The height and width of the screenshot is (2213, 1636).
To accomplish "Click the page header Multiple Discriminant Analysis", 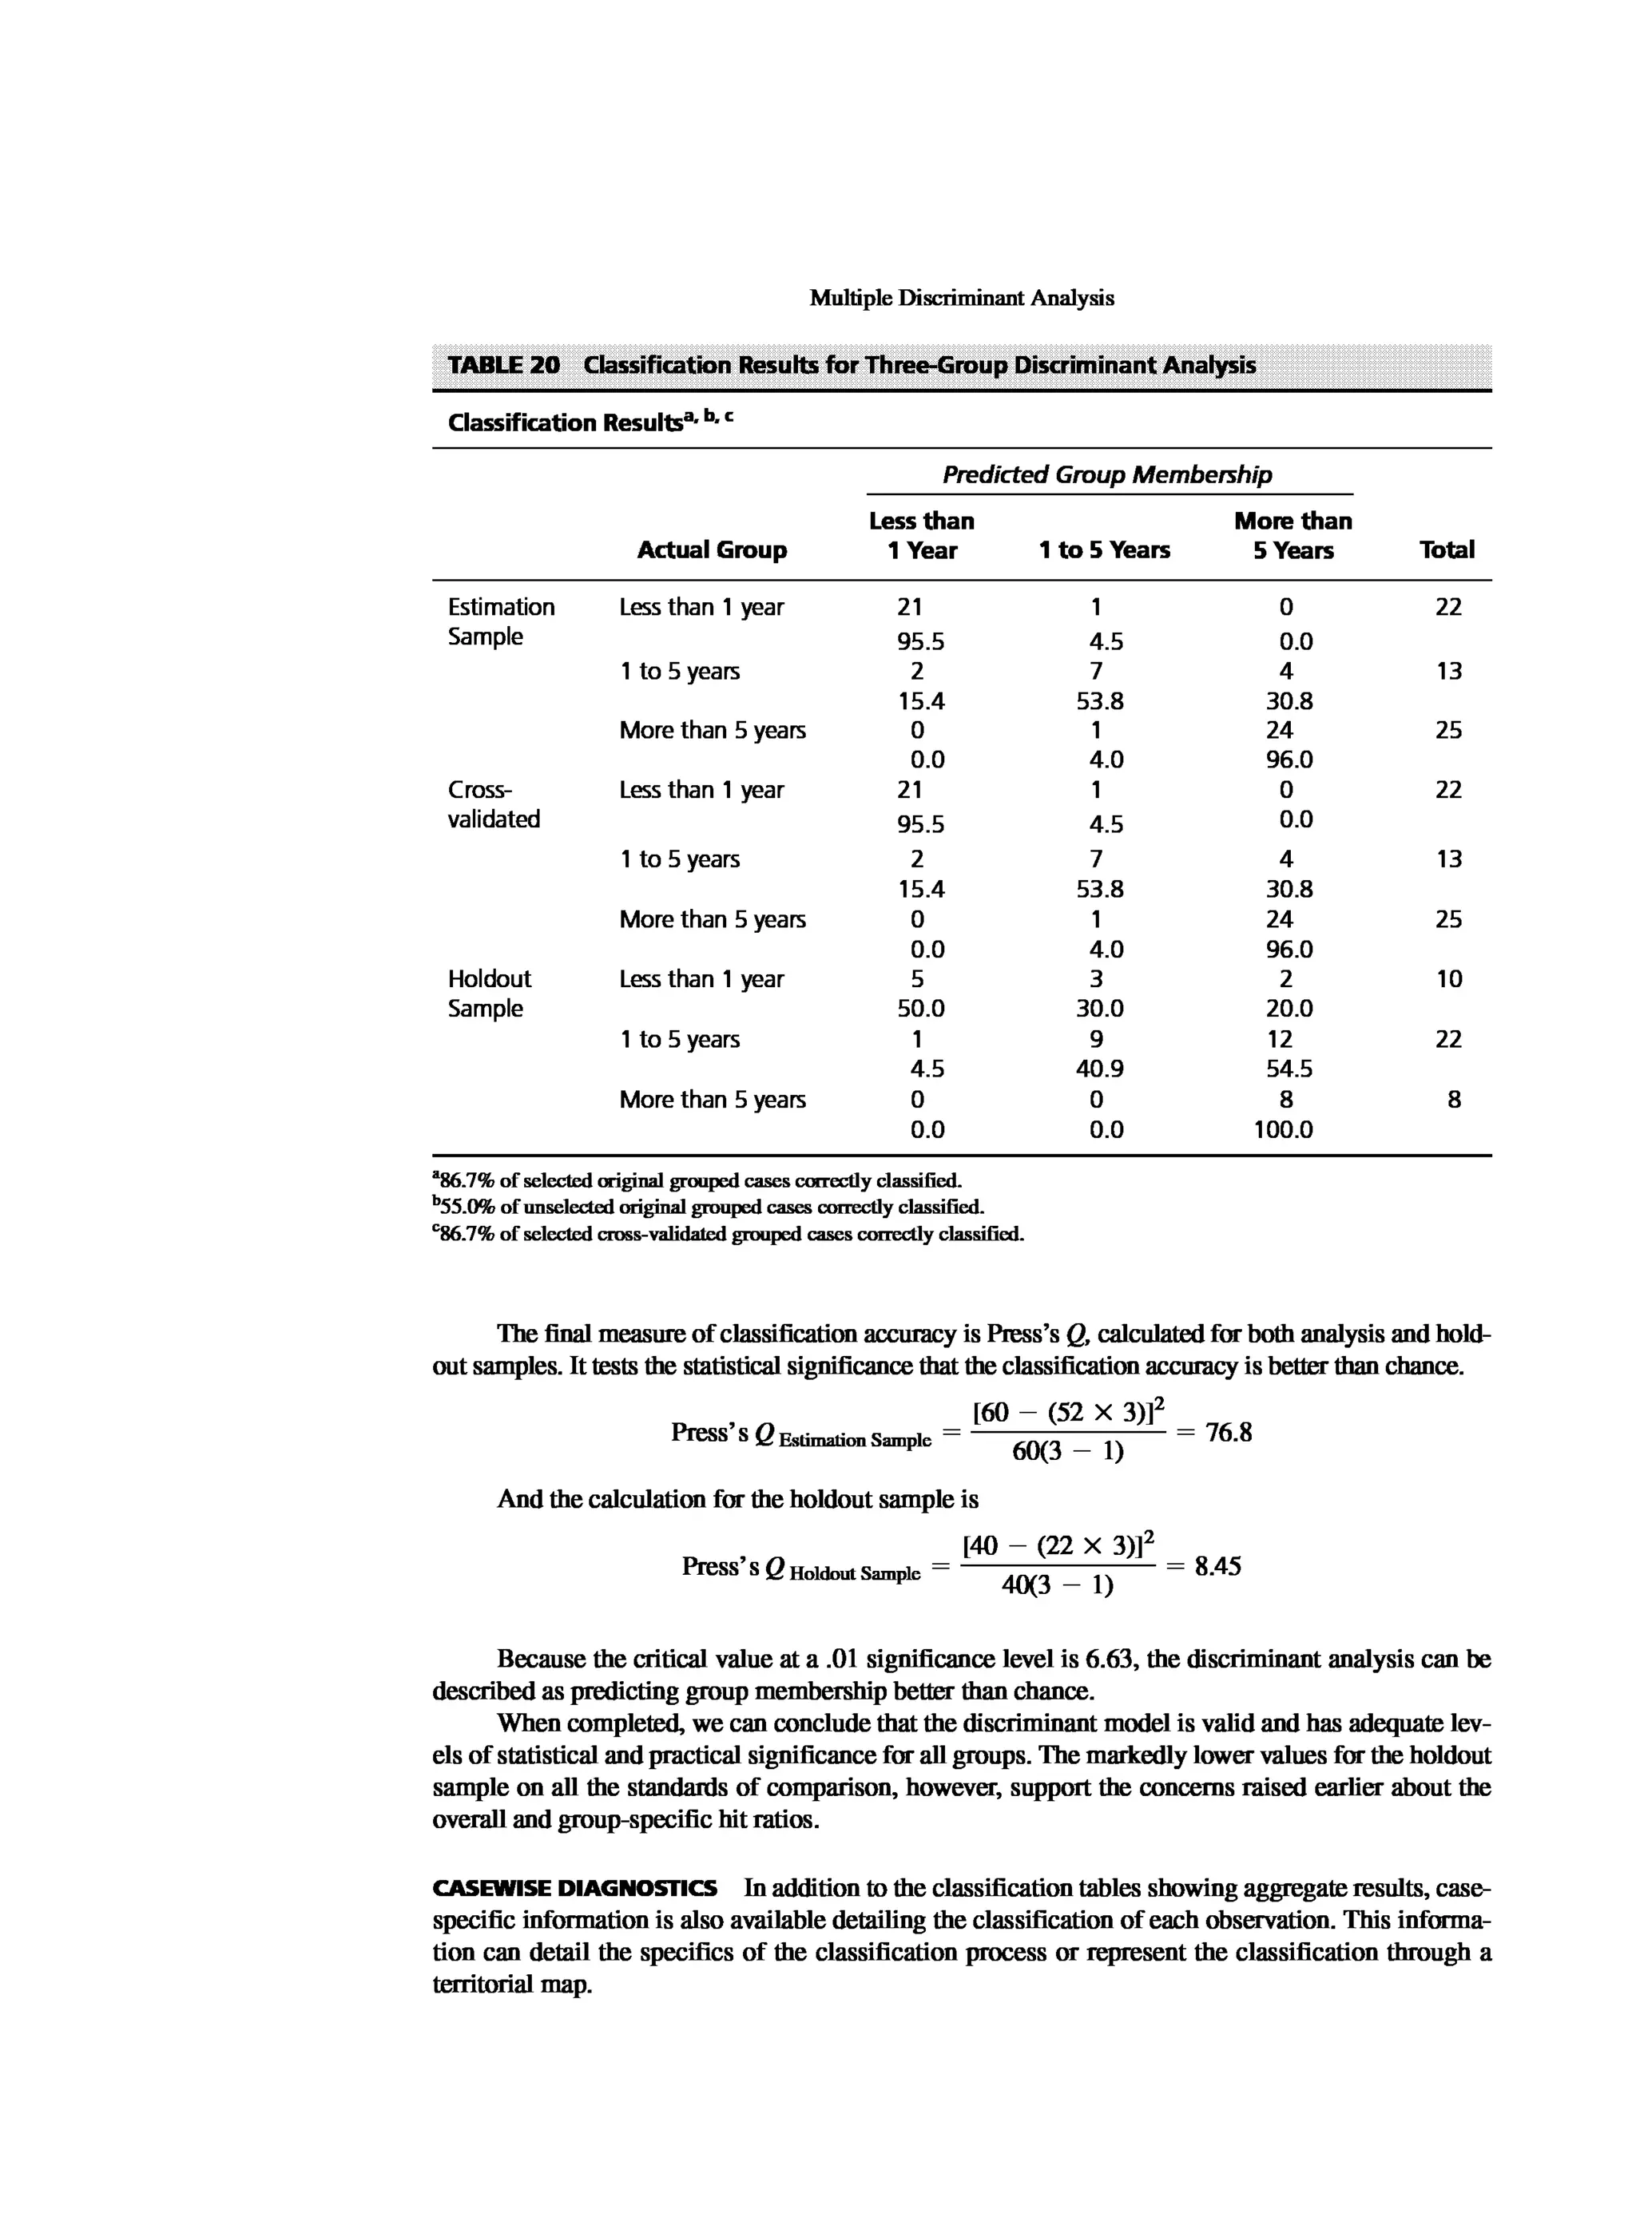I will coord(961,298).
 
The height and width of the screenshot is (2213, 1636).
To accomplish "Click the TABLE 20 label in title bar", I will coord(503,365).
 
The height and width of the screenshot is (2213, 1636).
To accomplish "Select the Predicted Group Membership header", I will coord(1106,474).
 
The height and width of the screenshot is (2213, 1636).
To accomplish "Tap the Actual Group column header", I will coord(711,549).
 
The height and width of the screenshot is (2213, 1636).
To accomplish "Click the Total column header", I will coord(1446,549).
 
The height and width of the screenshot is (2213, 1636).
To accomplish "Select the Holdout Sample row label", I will coord(489,993).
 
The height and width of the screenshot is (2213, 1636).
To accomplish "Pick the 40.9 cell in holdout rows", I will coord(1099,1069).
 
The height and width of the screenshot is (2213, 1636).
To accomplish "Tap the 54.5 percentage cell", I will coord(1289,1069).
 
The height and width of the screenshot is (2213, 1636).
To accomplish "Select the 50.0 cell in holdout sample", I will coord(920,1009).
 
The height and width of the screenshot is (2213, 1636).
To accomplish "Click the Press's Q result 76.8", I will coord(1228,1433).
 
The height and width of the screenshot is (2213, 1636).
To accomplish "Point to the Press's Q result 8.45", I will coord(1217,1566).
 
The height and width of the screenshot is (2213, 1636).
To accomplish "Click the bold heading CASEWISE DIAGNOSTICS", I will coord(574,1888).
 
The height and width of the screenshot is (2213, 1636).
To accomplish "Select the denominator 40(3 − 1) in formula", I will coord(1057,1586).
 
